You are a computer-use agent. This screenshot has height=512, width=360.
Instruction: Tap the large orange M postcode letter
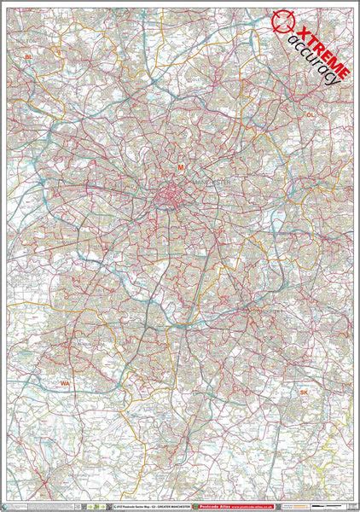(180, 167)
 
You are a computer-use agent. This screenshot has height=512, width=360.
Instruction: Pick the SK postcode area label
(303, 392)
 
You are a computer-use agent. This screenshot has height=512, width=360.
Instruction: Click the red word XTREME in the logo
(318, 46)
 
